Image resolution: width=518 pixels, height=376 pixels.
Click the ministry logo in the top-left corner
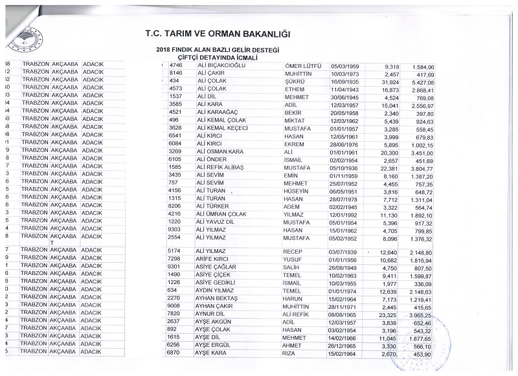pyautogui.click(x=24, y=40)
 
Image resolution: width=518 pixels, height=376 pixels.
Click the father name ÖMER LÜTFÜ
pyautogui.click(x=303, y=66)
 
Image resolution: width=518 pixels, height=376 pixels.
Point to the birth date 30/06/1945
pyautogui.click(x=346, y=96)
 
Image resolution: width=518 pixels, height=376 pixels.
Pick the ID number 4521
pyautogui.click(x=176, y=111)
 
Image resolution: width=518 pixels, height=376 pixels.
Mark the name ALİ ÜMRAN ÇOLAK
pyautogui.click(x=223, y=213)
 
